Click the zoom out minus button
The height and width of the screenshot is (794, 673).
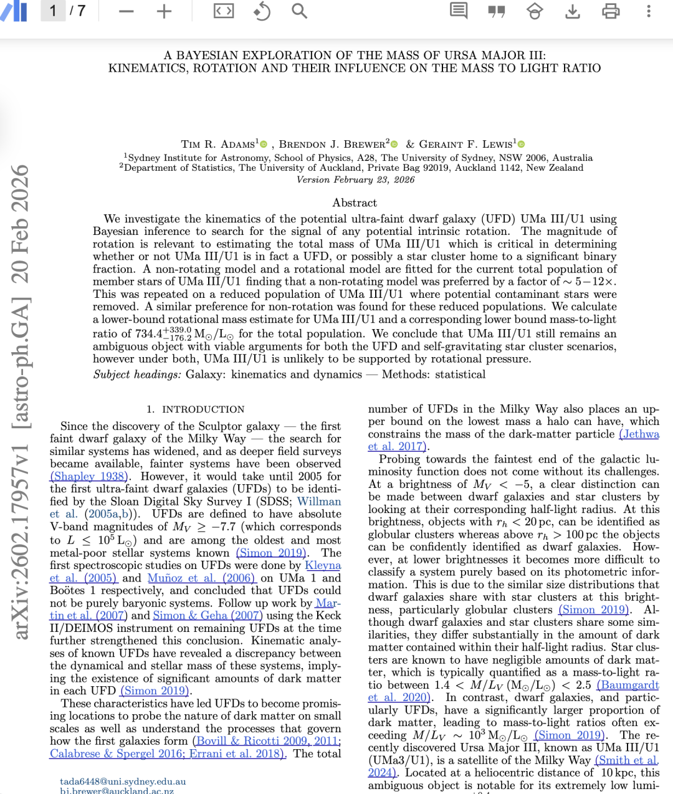click(x=126, y=11)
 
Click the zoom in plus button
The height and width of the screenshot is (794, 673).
click(x=164, y=11)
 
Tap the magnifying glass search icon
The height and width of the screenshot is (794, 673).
click(x=300, y=11)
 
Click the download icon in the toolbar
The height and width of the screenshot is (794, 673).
click(x=573, y=11)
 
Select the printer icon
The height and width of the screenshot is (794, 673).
click(x=611, y=11)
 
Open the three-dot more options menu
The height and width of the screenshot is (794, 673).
click(x=649, y=11)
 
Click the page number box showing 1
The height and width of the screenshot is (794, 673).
click(x=53, y=11)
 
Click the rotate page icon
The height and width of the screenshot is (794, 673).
click(x=262, y=11)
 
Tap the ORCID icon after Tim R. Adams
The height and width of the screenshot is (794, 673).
click(x=264, y=145)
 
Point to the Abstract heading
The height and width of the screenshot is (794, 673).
click(x=355, y=203)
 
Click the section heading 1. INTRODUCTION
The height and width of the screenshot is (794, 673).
click(x=196, y=409)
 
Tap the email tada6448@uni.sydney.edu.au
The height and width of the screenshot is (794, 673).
click(x=123, y=782)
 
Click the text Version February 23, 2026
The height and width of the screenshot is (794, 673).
click(x=355, y=180)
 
